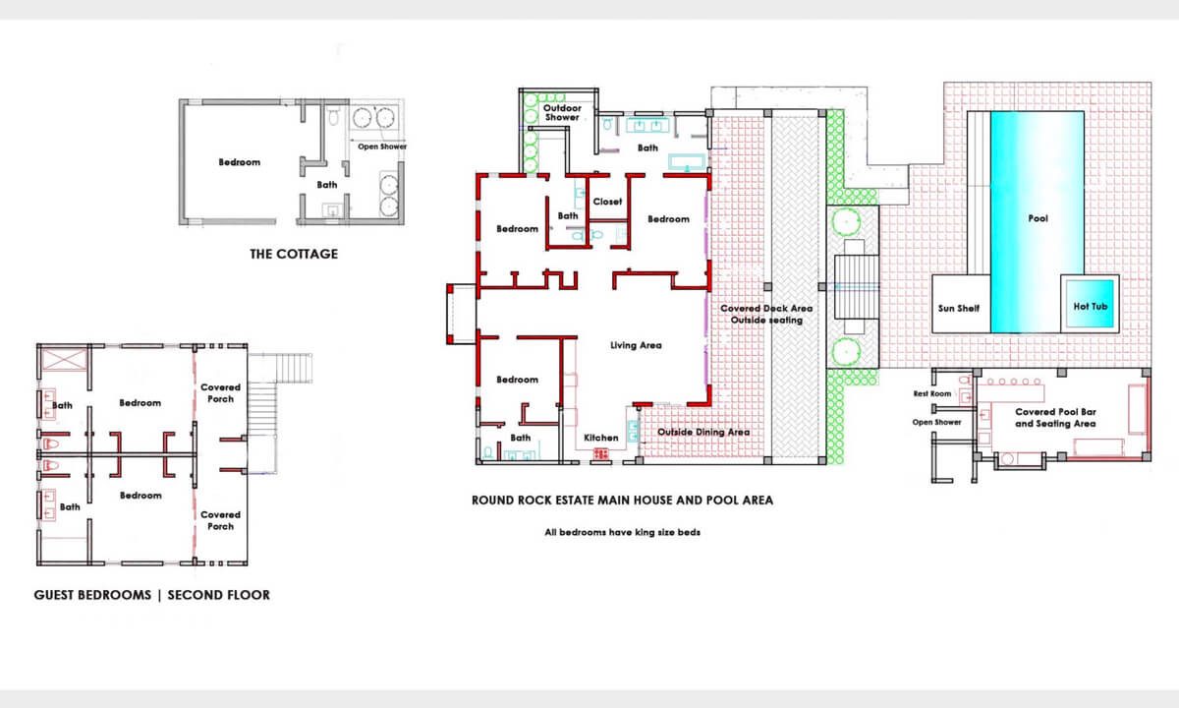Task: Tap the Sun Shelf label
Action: point(960,308)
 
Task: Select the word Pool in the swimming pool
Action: point(1038,218)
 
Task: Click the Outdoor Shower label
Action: point(562,112)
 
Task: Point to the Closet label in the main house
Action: point(607,202)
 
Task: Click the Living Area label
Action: point(636,345)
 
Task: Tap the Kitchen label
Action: point(600,438)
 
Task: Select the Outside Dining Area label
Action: point(702,432)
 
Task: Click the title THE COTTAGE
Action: point(293,254)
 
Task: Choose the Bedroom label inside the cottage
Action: point(239,162)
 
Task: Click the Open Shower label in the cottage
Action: point(381,147)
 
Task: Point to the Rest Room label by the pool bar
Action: point(932,393)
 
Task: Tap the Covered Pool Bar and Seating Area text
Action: point(1055,418)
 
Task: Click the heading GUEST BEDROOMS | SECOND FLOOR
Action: point(151,595)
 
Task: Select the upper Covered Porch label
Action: point(220,393)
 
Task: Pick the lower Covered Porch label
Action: point(220,520)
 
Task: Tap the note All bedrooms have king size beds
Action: point(622,533)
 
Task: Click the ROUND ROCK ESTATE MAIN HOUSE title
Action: point(622,500)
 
